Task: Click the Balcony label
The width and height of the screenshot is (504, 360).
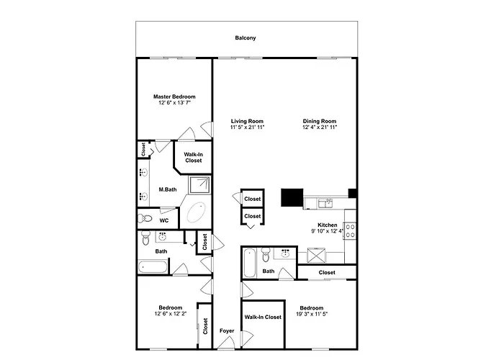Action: coord(246,38)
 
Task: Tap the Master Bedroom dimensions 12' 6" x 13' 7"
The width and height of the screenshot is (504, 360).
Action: coord(174,103)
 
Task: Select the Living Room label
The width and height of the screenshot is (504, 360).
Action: coord(247,121)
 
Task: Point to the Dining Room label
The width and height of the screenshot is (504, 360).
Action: coord(320,121)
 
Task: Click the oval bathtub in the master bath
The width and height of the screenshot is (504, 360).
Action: coord(196,212)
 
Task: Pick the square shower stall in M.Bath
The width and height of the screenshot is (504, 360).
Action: coord(199,185)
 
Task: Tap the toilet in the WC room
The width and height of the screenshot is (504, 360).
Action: coord(145,219)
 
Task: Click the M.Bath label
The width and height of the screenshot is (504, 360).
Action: coord(168,189)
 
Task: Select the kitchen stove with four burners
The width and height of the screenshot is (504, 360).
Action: coord(350,231)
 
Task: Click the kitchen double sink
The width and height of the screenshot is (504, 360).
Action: coord(325,203)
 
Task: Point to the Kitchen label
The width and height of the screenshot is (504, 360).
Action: coord(327,225)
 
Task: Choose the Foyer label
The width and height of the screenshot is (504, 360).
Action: coord(227,330)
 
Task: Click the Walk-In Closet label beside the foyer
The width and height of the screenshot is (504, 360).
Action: coord(263,317)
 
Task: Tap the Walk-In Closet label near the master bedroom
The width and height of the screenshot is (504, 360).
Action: coord(194,158)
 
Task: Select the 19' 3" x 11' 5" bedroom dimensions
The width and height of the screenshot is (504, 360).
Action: coord(312,314)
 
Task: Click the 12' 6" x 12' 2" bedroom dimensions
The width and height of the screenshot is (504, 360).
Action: coord(171,314)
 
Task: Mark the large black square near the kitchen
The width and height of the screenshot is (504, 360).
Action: coord(292,197)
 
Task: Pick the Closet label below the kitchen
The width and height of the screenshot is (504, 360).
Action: coord(327,273)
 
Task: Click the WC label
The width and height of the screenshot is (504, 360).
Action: coord(164,220)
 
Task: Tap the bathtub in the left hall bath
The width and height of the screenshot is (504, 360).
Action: coord(153,267)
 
